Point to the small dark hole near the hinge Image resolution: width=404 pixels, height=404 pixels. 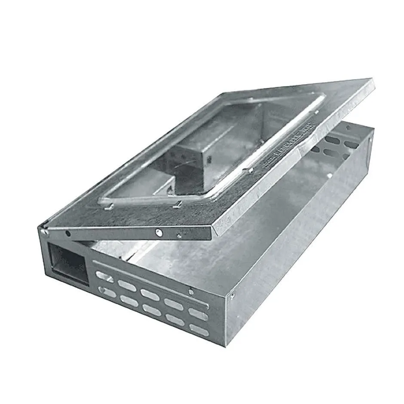68,233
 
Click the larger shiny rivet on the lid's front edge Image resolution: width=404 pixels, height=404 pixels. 159,233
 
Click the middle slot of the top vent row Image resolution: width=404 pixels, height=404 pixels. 150,295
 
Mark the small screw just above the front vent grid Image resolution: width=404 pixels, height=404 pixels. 191,292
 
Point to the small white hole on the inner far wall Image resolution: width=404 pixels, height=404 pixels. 329,175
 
